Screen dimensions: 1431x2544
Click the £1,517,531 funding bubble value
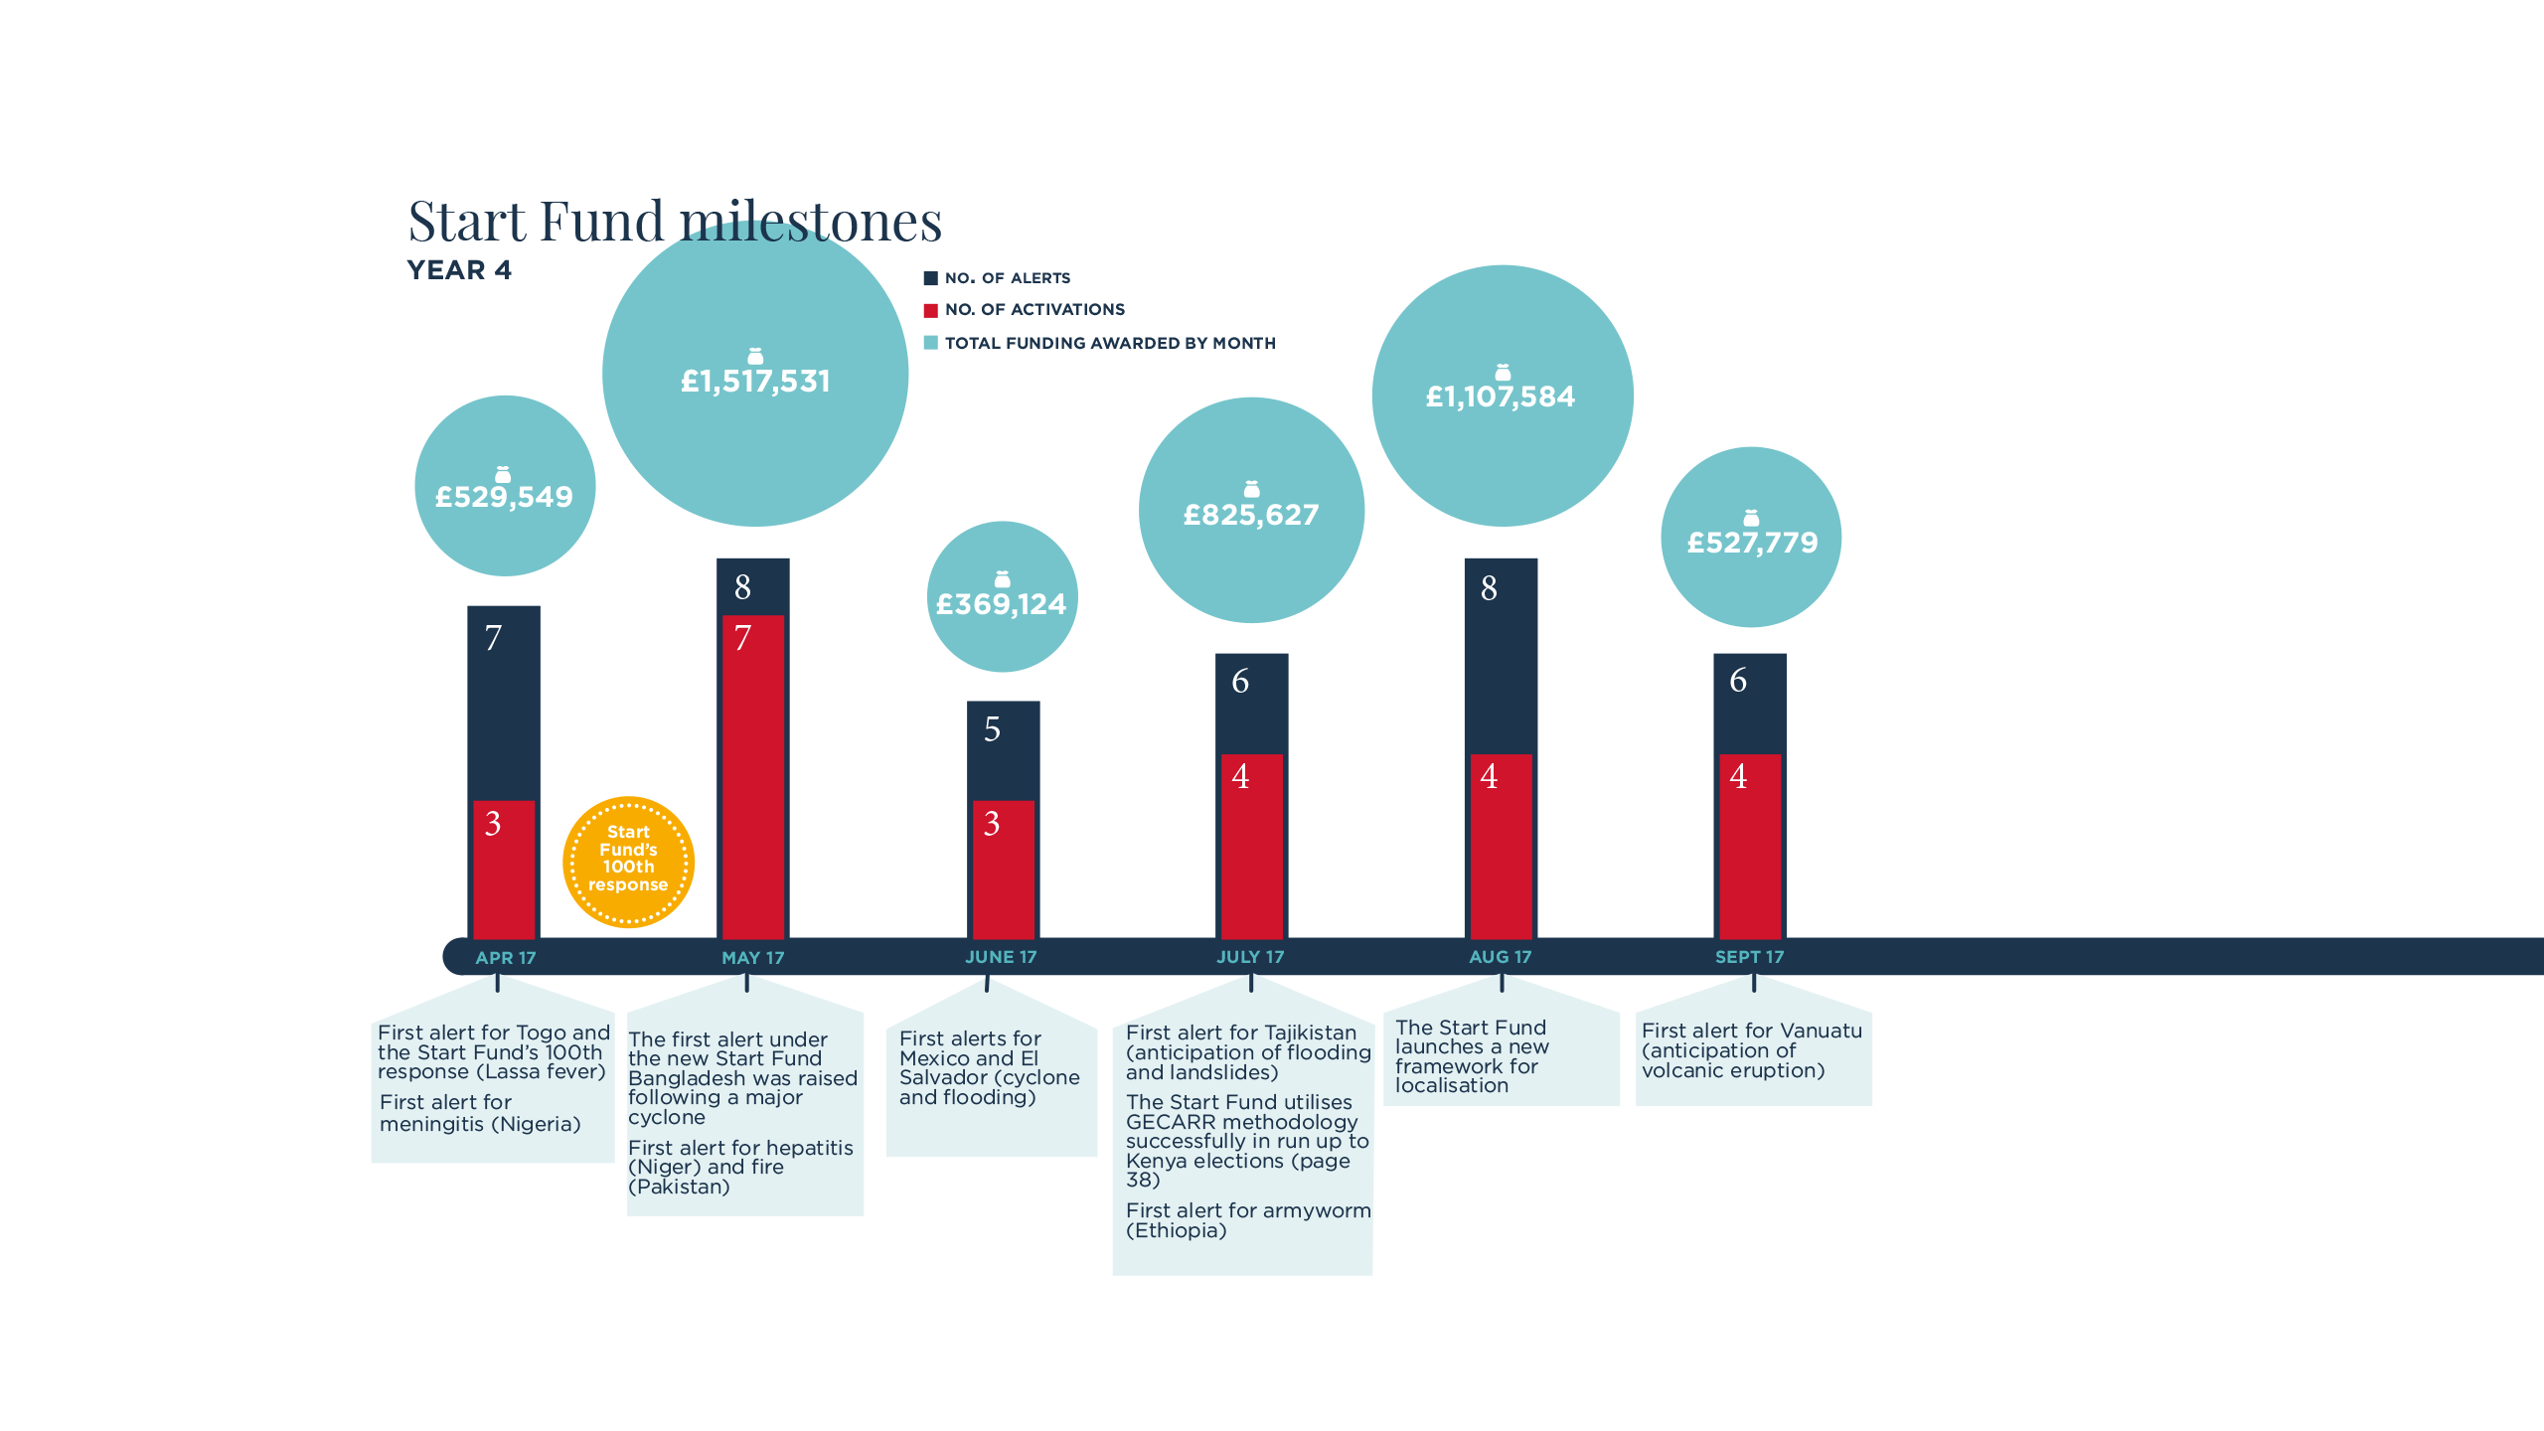click(755, 382)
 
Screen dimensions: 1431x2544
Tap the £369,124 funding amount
click(1002, 604)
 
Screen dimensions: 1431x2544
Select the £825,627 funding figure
click(1251, 515)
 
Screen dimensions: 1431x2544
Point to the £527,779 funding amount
click(1752, 543)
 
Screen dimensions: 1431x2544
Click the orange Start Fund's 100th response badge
click(628, 861)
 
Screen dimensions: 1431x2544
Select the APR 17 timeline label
click(505, 958)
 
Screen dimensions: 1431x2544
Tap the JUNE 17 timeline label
click(1001, 957)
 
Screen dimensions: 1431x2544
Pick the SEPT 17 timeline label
click(1749, 957)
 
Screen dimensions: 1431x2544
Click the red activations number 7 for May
click(742, 638)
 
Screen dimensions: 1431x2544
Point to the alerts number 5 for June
click(992, 729)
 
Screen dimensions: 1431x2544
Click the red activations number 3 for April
click(493, 824)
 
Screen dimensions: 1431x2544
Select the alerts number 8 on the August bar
click(1489, 588)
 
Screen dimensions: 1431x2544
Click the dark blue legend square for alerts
click(931, 278)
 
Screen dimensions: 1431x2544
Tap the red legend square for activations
click(931, 310)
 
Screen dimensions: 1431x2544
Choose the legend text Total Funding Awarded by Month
click(1109, 344)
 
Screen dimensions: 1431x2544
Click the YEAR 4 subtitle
click(459, 270)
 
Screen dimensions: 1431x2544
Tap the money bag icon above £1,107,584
click(1503, 373)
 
